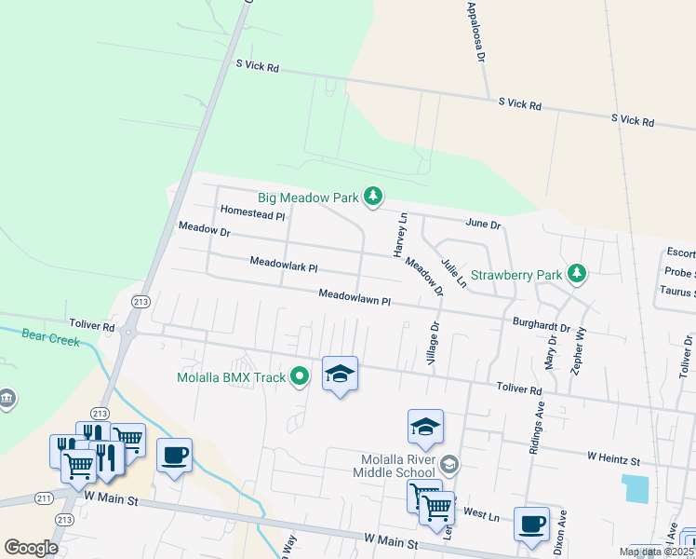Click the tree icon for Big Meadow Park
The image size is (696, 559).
[x=373, y=196]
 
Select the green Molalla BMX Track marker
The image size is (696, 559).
[x=299, y=376]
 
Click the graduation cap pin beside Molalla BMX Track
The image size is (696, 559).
[x=340, y=375]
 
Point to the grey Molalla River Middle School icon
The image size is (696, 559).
[x=449, y=464]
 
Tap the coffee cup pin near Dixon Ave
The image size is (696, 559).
[x=531, y=524]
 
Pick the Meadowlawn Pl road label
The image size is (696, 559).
[x=354, y=298]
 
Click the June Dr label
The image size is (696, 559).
[x=483, y=225]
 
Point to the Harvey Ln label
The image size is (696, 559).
[x=401, y=236]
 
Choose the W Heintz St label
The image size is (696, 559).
[x=614, y=459]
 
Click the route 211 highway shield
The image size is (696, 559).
[x=44, y=498]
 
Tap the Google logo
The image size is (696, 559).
[x=32, y=548]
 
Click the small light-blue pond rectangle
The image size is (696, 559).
[x=637, y=487]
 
